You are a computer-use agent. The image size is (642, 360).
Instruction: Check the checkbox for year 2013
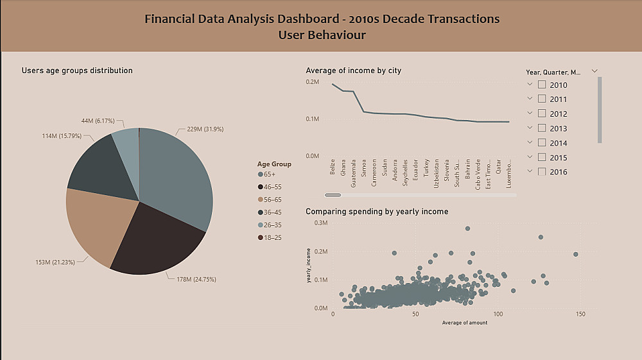[542, 128]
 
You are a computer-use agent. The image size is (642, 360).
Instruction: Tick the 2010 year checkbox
[542, 84]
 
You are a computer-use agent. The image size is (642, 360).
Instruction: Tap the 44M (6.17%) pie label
[97, 121]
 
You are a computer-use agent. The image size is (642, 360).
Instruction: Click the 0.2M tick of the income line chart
[313, 82]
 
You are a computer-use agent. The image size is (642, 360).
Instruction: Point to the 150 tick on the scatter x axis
[580, 314]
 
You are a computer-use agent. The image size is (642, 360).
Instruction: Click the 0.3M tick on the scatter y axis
[320, 223]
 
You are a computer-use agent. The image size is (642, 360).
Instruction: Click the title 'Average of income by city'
[353, 71]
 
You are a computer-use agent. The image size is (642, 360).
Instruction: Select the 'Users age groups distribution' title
[77, 71]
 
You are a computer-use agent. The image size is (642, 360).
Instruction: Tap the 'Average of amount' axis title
[464, 322]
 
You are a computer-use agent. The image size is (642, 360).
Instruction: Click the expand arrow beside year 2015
[530, 157]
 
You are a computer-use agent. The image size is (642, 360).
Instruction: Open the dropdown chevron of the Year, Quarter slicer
[594, 71]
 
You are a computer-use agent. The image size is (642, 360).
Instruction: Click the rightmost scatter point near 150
[575, 254]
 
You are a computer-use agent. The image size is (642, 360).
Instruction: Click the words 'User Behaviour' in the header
[322, 35]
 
